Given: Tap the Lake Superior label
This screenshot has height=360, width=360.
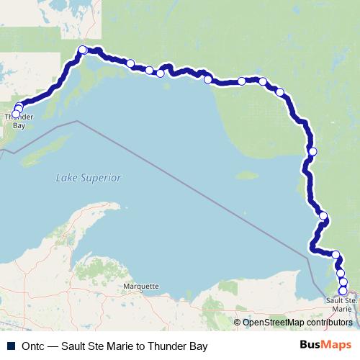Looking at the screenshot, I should (89, 178).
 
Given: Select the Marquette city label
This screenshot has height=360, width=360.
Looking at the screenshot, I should (140, 286).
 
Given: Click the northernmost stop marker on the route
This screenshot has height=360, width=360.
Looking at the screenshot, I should (83, 50).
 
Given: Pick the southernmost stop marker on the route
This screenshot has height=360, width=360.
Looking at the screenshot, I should (343, 291).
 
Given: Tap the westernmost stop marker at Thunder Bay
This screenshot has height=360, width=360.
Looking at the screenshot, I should (15, 114).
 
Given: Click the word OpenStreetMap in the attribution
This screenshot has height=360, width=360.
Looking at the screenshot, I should (271, 322).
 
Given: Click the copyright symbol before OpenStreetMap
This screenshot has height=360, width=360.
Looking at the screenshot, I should (238, 322).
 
